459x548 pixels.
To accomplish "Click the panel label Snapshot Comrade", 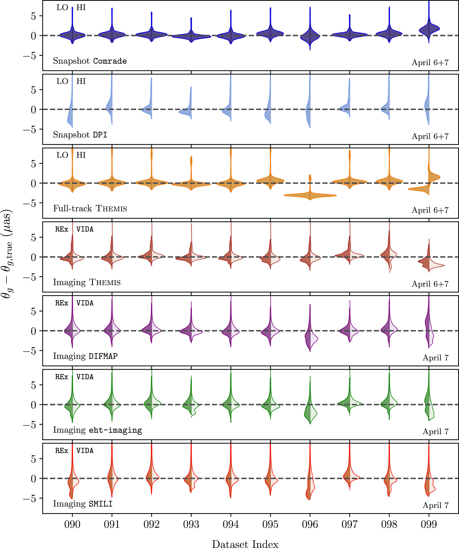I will (90, 61).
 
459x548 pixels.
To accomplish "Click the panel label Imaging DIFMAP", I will (85, 356).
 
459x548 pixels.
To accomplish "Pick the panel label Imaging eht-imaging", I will (97, 430).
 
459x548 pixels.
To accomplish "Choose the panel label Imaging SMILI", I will (83, 504).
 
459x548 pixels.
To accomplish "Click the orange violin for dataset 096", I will (310, 195).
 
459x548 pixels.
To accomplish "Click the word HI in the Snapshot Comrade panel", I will (81, 8).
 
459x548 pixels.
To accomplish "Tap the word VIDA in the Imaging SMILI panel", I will (85, 451).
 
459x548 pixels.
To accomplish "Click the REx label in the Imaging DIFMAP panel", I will (62, 303).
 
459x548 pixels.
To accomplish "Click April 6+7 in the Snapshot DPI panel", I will (430, 136).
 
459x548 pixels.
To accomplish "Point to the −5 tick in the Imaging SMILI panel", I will (29, 499).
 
